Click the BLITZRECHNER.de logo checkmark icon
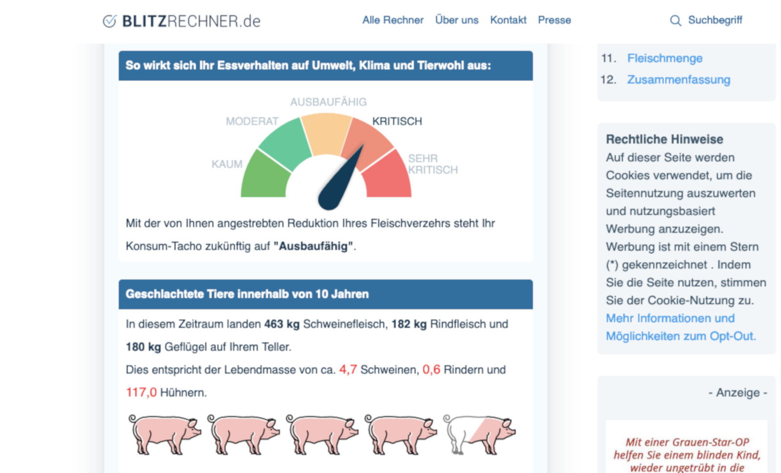click(x=109, y=21)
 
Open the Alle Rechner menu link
click(x=392, y=20)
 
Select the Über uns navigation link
click(x=456, y=20)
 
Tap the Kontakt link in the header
click(x=508, y=20)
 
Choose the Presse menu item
click(x=554, y=20)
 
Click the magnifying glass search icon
click(x=675, y=21)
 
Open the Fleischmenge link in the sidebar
click(x=664, y=58)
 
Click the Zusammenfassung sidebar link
click(x=678, y=80)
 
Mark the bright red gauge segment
click(x=388, y=178)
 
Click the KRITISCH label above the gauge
click(x=397, y=121)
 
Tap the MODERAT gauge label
click(x=252, y=121)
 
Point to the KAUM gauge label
click(x=226, y=164)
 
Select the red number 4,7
click(x=348, y=370)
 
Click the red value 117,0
click(x=141, y=392)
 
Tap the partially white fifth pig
click(x=479, y=433)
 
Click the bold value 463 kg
click(x=282, y=324)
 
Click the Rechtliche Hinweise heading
click(x=664, y=139)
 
